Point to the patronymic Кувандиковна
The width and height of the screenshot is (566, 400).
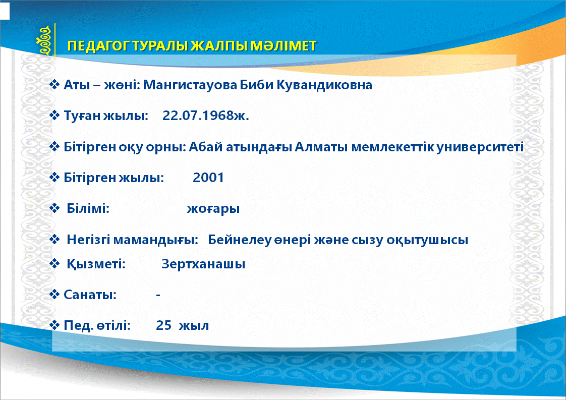click(324, 85)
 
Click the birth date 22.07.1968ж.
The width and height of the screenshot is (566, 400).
click(206, 116)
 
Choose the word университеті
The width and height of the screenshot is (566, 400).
click(480, 147)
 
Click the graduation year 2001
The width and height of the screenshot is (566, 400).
click(208, 178)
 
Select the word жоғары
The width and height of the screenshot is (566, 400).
click(213, 209)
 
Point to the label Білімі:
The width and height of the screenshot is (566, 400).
click(88, 208)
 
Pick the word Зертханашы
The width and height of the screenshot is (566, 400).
click(203, 264)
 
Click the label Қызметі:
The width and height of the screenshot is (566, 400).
click(96, 264)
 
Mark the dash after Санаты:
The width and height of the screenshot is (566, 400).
click(158, 295)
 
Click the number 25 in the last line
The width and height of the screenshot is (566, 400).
click(163, 325)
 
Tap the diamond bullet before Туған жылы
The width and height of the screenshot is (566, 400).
click(54, 116)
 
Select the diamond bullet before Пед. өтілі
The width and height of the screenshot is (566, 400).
click(54, 325)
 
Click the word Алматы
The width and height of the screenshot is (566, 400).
click(321, 147)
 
